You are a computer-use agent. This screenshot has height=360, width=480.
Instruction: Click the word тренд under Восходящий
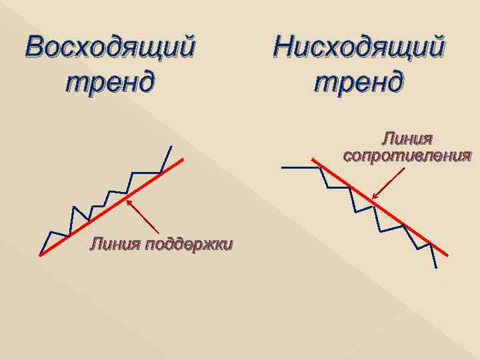click(111, 83)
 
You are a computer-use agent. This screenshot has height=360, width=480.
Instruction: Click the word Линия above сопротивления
click(407, 139)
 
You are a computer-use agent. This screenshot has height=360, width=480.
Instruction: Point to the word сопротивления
click(407, 156)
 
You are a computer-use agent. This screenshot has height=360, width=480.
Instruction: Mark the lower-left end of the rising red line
click(41, 255)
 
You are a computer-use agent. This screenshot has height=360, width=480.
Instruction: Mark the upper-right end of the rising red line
click(183, 159)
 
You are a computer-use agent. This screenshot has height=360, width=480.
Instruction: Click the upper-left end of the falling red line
click(313, 159)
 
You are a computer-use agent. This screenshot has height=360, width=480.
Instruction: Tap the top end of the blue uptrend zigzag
click(172, 146)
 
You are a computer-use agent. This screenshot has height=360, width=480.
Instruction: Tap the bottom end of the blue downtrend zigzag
click(437, 267)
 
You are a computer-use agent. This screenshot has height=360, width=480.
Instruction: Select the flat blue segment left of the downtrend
click(300, 167)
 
